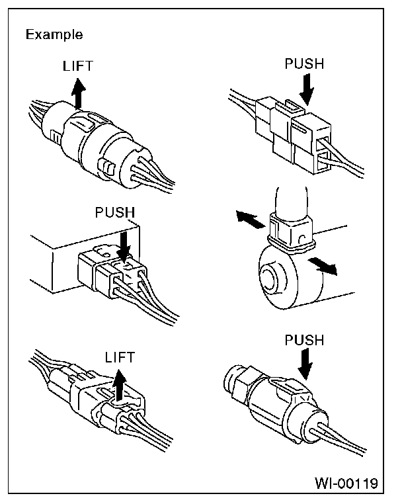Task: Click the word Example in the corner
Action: coord(54,34)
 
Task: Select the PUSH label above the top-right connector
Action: coord(303,65)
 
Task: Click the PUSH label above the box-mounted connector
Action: coord(114,213)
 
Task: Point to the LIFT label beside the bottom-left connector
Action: coord(120,358)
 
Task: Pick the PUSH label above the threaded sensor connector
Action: coord(304,341)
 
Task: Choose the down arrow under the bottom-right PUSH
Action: coord(305,364)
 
